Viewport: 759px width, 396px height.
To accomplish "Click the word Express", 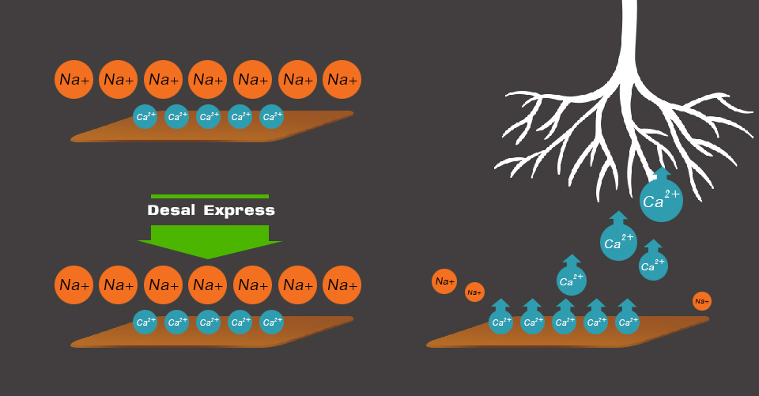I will pyautogui.click(x=240, y=210).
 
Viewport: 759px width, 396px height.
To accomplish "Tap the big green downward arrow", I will pyautogui.click(x=210, y=240).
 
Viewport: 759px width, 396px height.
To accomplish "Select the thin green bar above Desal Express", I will pyautogui.click(x=210, y=196).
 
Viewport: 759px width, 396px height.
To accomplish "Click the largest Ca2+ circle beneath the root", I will pyautogui.click(x=661, y=201).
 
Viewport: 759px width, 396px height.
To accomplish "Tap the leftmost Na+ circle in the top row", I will pyautogui.click(x=74, y=79).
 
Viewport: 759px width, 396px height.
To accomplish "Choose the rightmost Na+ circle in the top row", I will pyautogui.click(x=342, y=79).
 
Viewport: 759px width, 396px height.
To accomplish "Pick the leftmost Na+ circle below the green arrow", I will pyautogui.click(x=74, y=285).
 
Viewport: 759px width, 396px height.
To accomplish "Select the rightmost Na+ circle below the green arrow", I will pyautogui.click(x=342, y=285).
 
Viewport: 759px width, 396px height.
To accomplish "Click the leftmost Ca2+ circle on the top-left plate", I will pyautogui.click(x=145, y=117).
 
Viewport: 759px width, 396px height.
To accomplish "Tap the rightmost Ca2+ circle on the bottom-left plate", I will pyautogui.click(x=272, y=322).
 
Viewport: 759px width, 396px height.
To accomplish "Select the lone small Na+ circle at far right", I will pyautogui.click(x=701, y=301).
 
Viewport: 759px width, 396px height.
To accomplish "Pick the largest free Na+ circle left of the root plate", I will pyautogui.click(x=444, y=281).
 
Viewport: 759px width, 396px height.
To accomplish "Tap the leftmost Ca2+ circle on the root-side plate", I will pyautogui.click(x=500, y=322).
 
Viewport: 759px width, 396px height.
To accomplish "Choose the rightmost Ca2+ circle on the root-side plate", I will pyautogui.click(x=627, y=322).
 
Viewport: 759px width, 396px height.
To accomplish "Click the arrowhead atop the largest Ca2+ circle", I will pyautogui.click(x=661, y=172).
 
